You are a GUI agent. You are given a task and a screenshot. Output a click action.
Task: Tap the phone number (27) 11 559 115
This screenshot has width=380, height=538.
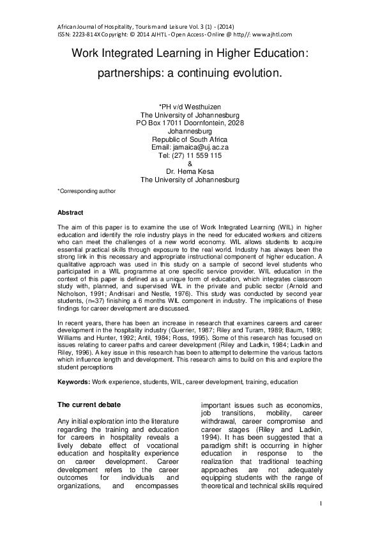198,155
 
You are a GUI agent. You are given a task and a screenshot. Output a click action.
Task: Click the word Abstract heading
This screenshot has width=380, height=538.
70,212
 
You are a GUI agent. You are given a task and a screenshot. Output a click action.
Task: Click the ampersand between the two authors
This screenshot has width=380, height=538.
190,164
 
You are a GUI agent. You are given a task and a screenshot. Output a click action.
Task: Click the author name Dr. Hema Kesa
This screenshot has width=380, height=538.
190,172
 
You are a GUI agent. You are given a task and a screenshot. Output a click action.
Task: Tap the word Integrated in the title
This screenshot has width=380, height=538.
136,55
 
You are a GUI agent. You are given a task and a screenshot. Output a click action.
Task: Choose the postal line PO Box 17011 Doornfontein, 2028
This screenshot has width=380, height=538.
190,122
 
